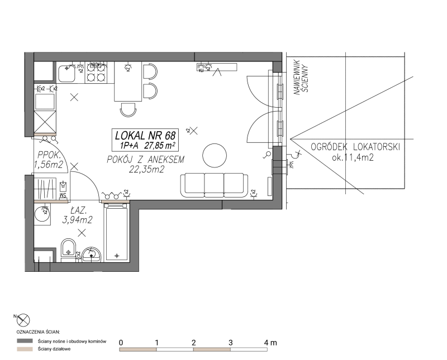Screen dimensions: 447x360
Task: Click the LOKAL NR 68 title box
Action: coord(145,140)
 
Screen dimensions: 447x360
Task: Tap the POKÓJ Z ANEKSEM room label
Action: coord(146,160)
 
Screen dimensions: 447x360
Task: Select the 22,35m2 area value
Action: coord(147,170)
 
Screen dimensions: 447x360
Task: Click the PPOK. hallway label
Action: coord(49,155)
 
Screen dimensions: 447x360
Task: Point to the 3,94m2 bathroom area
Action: coord(78,220)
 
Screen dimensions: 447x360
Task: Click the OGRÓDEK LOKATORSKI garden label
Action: coord(355,147)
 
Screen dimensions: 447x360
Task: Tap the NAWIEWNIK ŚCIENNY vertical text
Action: coord(302,78)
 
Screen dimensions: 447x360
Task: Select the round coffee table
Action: coord(215,156)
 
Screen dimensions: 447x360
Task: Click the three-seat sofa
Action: coord(214,185)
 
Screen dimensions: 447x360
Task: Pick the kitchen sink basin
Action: coord(66,73)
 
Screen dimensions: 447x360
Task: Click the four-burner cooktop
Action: coord(96,73)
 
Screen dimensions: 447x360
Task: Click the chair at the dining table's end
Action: coord(128,109)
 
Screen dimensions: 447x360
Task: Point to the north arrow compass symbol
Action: coord(23,320)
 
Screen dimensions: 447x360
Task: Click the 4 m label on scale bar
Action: coord(270,342)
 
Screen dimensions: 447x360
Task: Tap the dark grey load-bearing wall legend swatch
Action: coord(25,341)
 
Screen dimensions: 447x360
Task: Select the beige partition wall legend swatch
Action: coord(25,349)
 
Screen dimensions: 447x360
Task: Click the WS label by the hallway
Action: coord(63,195)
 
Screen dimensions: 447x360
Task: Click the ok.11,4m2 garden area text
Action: coord(353,157)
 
